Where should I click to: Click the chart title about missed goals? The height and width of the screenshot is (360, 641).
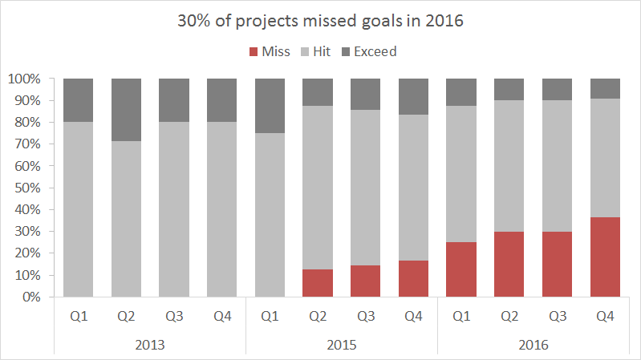point(320,22)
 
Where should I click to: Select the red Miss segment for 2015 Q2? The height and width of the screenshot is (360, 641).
point(318,283)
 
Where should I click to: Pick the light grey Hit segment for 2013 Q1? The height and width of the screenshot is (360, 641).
point(78,209)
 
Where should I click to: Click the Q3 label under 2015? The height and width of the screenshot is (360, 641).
point(366,317)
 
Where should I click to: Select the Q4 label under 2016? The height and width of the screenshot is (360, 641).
point(605,317)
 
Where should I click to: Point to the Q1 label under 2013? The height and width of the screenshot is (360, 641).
point(78,317)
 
